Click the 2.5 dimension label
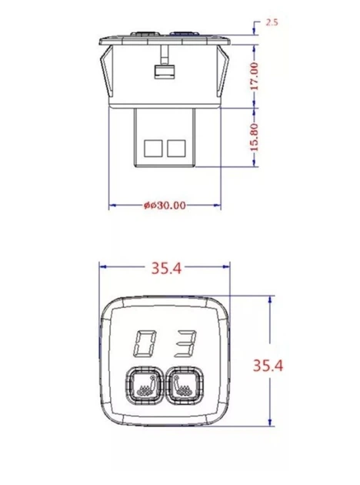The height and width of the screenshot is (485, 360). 272,22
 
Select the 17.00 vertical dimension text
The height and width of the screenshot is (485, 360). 254,76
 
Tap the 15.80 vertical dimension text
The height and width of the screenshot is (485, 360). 254,137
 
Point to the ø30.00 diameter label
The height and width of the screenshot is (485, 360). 165,206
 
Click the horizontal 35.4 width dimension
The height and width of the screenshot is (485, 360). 166,268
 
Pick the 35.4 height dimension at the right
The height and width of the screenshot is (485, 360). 268,366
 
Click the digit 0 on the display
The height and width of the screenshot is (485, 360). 144,343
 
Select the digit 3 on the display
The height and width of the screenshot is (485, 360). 186,343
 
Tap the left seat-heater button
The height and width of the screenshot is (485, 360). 144,386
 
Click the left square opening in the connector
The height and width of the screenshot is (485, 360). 153,148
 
